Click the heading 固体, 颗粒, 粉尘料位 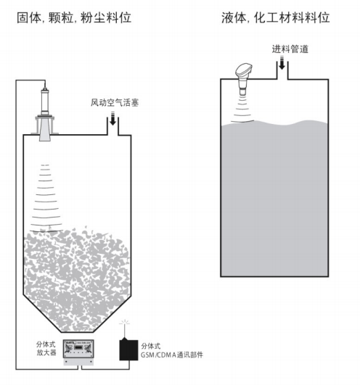click(x=74, y=17)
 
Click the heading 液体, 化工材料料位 click(x=275, y=17)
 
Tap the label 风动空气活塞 click(x=115, y=102)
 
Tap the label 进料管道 click(x=290, y=49)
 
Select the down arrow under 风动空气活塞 click(x=112, y=118)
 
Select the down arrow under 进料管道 click(x=282, y=63)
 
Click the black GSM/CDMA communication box click(x=128, y=350)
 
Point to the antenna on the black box click(x=125, y=329)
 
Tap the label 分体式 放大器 click(x=46, y=348)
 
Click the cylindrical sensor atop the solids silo click(x=45, y=102)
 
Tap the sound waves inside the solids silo click(x=46, y=199)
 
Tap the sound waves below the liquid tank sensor click(x=242, y=109)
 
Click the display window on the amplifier click(x=78, y=347)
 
